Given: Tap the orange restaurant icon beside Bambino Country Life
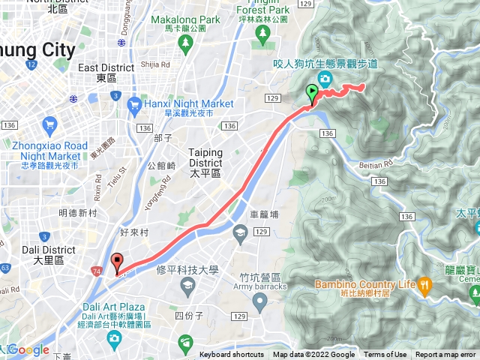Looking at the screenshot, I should click(424, 284).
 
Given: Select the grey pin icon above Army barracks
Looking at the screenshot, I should click(259, 302).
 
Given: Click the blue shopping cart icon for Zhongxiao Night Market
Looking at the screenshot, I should click(49, 124).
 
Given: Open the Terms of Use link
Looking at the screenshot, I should click(385, 355).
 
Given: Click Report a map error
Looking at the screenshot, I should click(445, 355).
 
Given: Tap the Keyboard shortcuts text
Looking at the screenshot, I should click(232, 355).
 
